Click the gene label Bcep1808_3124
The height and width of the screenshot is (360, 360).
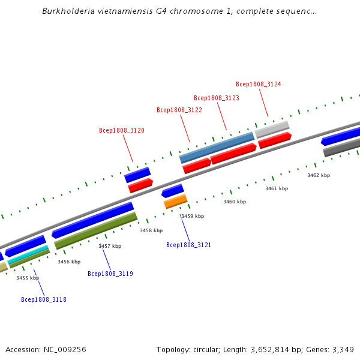[x=258, y=85]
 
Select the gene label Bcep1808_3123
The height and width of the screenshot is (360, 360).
[x=216, y=98]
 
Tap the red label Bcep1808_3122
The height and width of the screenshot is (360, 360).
[x=179, y=110]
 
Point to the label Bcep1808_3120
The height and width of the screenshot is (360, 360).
[x=121, y=130]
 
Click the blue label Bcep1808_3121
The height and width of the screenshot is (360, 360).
[x=188, y=245]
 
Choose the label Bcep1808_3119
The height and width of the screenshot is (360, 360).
[x=110, y=274]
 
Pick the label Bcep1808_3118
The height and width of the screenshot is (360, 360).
[x=43, y=299]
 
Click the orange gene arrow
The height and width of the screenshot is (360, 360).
[x=176, y=202]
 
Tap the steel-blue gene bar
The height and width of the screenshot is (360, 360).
[x=217, y=148]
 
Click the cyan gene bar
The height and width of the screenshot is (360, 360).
[x=28, y=254]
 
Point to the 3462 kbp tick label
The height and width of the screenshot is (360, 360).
[x=318, y=175]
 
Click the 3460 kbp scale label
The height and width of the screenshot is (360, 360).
[x=234, y=202]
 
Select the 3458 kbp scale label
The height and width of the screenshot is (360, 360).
[x=151, y=230]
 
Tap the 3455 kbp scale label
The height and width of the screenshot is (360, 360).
[x=27, y=278]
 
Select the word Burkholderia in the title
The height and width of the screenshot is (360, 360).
[x=65, y=11]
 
